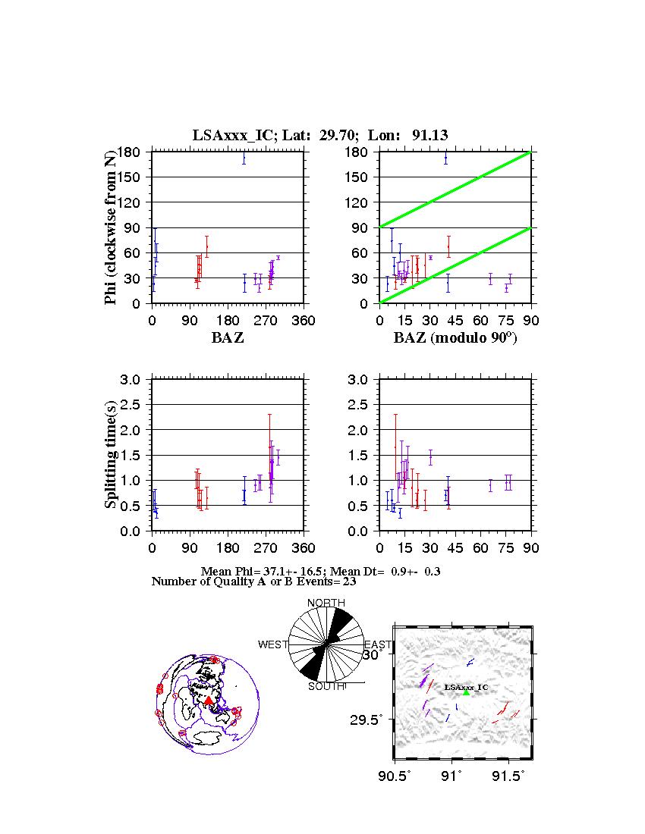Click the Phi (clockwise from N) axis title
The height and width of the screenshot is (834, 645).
click(x=112, y=227)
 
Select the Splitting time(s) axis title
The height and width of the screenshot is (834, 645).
click(x=112, y=455)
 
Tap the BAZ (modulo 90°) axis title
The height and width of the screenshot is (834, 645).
click(x=455, y=338)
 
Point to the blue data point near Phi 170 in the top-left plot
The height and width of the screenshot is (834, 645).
click(x=244, y=158)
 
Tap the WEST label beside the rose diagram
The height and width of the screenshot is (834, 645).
click(x=273, y=644)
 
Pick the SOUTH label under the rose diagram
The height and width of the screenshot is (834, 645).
click(x=326, y=686)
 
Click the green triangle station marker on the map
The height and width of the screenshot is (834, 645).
click(x=466, y=692)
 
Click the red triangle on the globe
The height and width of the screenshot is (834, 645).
click(x=209, y=701)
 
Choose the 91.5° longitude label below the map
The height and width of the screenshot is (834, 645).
click(x=507, y=776)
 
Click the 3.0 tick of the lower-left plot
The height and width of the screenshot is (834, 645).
click(x=136, y=379)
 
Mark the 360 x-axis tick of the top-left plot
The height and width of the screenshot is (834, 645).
click(x=304, y=320)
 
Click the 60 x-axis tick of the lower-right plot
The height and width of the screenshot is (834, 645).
click(x=480, y=547)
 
